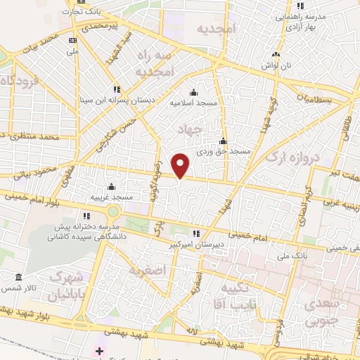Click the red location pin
pos(181,165)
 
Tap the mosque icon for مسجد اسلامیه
pos(194,92)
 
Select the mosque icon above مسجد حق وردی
pos(223,141)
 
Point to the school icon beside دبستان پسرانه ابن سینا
pos(117,89)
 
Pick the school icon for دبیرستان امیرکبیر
pos(198,233)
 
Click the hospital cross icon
pos(99,350)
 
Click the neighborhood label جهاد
pos(190,131)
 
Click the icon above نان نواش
pos(276,56)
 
